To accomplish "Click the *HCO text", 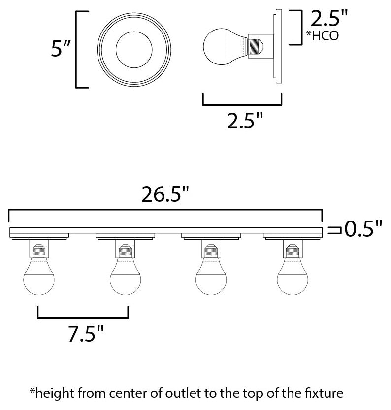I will pyautogui.click(x=323, y=36).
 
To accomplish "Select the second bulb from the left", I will pyautogui.click(x=125, y=278).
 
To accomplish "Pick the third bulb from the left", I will pyautogui.click(x=211, y=278).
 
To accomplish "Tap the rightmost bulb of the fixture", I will pyautogui.click(x=293, y=278).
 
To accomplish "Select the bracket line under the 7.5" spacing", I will pyautogui.click(x=83, y=317).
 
